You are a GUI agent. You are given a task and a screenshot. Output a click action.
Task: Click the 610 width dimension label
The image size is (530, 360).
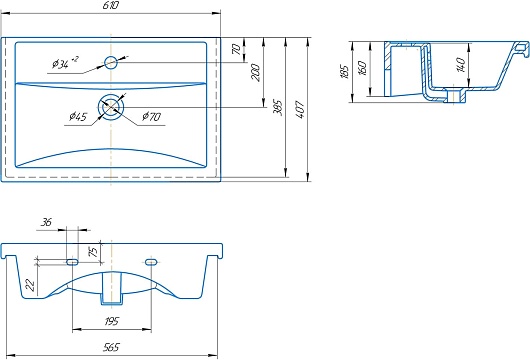click(x=111, y=5)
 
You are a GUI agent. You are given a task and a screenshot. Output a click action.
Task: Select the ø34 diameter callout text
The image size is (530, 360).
click(x=65, y=63)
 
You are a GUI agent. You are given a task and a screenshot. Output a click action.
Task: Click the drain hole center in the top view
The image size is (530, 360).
click(x=111, y=107)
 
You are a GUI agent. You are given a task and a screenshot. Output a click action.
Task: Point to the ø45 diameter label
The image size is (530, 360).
click(x=78, y=117)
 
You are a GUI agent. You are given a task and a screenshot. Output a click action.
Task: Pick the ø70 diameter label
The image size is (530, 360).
click(x=151, y=117)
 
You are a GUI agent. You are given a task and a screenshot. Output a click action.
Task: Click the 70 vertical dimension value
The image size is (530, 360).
click(x=237, y=49)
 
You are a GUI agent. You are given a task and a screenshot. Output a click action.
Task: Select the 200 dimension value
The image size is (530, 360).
click(x=256, y=72)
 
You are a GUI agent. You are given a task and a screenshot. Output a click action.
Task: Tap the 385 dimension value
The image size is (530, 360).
click(x=278, y=107)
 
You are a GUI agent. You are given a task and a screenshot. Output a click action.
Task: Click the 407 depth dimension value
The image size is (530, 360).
click(x=300, y=109)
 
